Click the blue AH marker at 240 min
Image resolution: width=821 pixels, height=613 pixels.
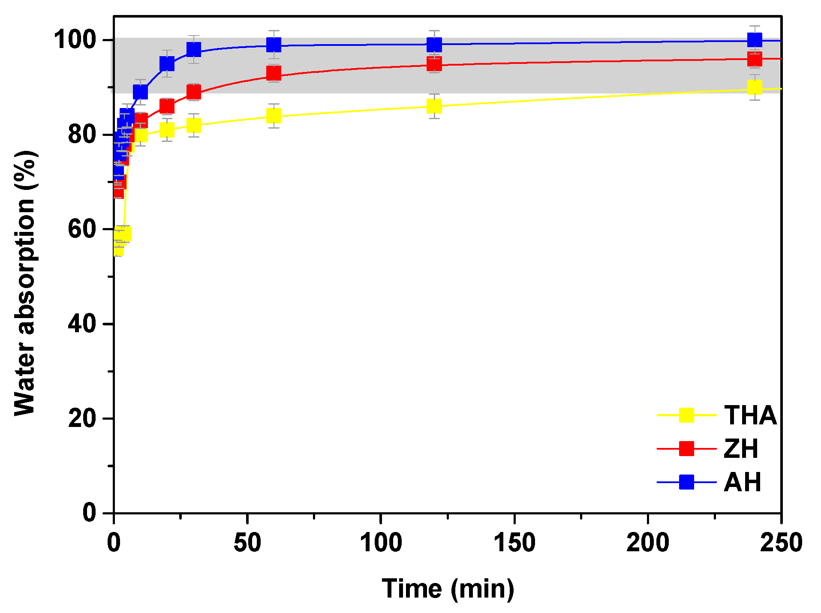pos(754,40)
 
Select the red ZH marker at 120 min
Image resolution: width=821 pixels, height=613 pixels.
pos(434,64)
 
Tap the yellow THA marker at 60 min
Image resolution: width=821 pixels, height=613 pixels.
pos(274,115)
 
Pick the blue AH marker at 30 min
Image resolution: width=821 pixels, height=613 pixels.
pos(194,50)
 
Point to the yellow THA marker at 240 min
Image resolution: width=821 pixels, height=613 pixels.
pos(754,87)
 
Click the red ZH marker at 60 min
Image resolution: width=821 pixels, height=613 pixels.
pos(274,74)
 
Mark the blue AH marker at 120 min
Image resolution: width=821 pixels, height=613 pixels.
pos(434,44)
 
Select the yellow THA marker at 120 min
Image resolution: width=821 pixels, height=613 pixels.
pos(434,106)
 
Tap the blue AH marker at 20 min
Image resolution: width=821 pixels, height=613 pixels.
pos(167,64)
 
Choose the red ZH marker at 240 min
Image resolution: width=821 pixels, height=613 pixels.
pos(754,59)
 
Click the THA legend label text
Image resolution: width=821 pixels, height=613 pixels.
pos(750,415)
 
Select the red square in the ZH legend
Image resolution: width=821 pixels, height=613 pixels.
pos(686,448)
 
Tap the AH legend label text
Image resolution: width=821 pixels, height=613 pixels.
pos(742,482)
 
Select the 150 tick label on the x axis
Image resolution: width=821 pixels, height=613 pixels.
pos(514,542)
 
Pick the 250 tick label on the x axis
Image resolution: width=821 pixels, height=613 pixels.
pos(781,542)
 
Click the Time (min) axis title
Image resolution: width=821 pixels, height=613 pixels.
pos(448,589)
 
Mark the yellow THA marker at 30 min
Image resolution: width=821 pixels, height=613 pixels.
pos(194,125)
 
